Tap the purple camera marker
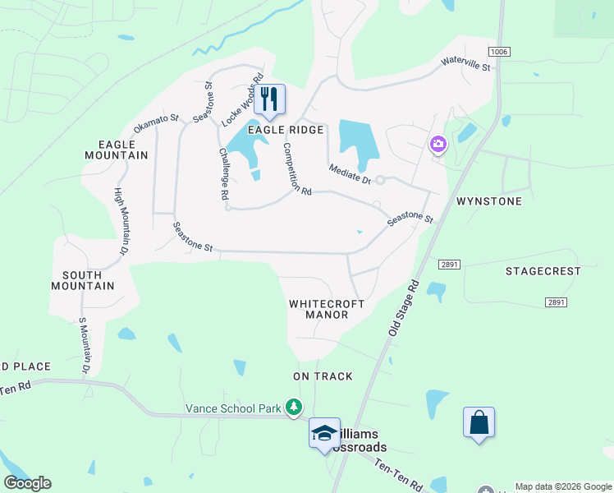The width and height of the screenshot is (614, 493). (438, 145)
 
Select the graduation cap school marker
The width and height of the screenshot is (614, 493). (324, 433)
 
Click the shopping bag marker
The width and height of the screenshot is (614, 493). (479, 423)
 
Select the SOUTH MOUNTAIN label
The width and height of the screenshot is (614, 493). (83, 280)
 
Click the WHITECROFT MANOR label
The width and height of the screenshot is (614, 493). (326, 309)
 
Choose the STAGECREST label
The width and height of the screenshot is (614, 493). (543, 271)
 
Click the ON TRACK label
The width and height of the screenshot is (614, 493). (323, 376)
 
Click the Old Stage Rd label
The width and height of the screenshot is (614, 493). (402, 306)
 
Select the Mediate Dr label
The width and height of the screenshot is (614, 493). (350, 174)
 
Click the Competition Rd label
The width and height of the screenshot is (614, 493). (296, 169)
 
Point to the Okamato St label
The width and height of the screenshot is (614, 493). (156, 125)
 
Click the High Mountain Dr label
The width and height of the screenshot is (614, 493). (121, 220)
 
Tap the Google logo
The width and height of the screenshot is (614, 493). (27, 483)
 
